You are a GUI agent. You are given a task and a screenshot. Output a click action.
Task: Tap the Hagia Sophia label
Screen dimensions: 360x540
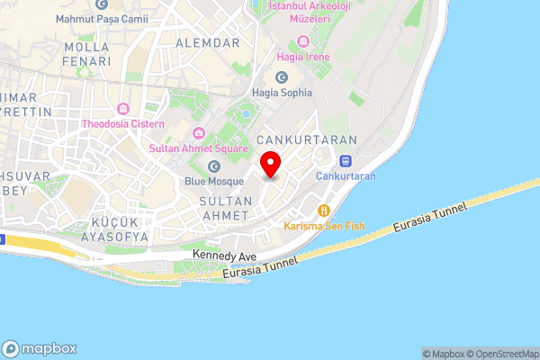(x=283, y=93)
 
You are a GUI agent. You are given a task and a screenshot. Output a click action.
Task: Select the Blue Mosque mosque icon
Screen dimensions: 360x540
(x=214, y=166)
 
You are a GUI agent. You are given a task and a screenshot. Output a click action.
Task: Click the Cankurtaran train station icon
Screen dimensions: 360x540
(x=346, y=161)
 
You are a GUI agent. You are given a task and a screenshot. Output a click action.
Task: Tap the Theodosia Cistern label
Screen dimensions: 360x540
(x=123, y=123)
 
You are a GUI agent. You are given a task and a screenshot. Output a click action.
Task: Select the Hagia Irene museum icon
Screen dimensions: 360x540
(x=301, y=41)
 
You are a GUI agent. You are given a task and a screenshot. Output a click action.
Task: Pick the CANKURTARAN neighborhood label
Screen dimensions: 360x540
(x=307, y=140)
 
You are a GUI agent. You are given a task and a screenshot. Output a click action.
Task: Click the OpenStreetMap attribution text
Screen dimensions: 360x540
(x=500, y=354)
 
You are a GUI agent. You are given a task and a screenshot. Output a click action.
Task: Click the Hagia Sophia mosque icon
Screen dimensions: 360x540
(x=243, y=93)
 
